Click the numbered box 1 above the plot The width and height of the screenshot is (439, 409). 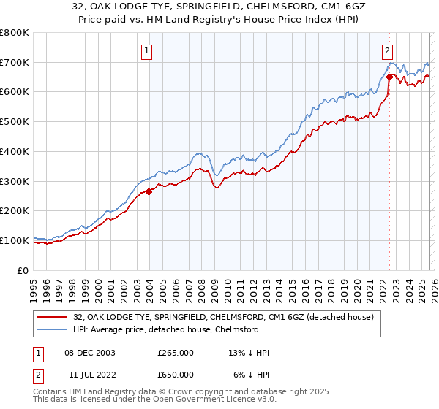pos(148,51)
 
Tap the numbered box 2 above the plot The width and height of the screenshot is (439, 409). pos(386,51)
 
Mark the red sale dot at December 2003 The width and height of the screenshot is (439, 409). pos(149,192)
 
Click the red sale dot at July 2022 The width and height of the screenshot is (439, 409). pos(389,77)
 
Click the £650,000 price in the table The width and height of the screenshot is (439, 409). pos(176,374)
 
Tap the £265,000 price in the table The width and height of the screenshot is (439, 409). pos(176,352)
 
